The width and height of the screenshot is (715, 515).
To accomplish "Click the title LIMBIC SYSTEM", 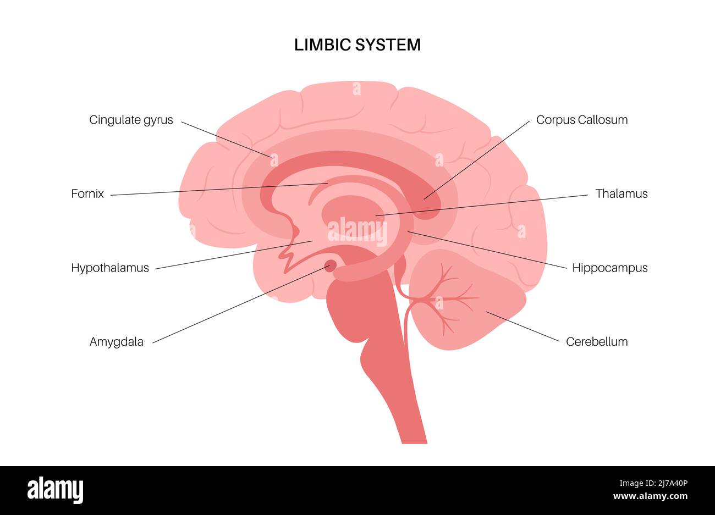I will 358,45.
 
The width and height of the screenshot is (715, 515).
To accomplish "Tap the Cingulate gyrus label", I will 131,120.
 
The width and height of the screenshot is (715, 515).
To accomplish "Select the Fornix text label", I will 87,193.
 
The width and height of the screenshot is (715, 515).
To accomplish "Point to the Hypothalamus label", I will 110,268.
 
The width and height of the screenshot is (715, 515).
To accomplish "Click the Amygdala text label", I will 117,341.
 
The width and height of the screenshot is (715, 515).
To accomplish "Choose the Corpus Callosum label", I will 582,120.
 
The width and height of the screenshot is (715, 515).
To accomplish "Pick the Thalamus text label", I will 621,193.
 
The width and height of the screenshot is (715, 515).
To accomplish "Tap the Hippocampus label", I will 610,268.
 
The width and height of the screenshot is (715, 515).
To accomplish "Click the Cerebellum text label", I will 597,341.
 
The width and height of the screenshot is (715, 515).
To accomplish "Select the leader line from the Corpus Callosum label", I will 479,160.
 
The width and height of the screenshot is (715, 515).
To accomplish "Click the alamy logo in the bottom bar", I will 55,489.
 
